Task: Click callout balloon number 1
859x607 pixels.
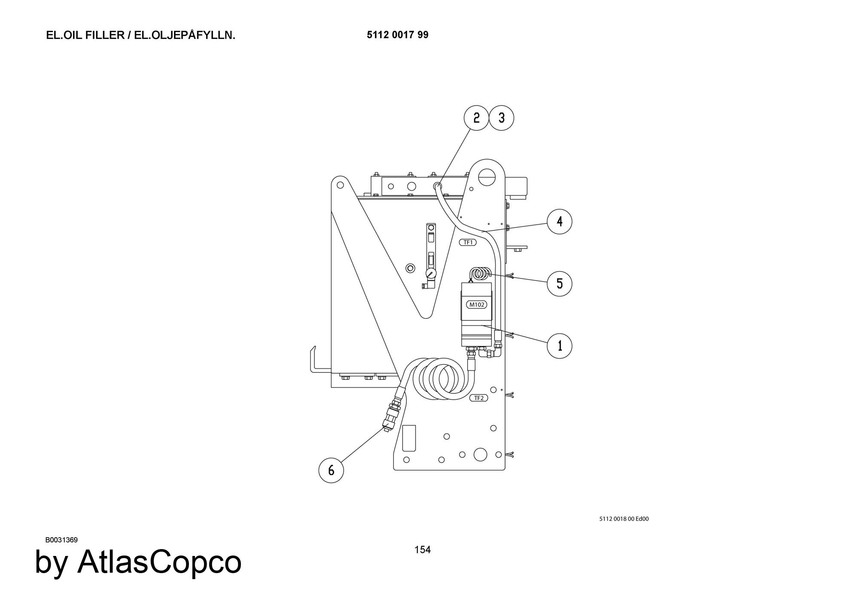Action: click(559, 346)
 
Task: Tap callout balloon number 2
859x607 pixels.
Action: click(476, 118)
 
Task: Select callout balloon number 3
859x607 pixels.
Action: click(502, 118)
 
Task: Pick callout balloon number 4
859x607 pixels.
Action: click(559, 222)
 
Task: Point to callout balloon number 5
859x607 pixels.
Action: click(559, 284)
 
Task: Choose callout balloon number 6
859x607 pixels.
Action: click(331, 470)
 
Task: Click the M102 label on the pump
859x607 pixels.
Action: click(476, 305)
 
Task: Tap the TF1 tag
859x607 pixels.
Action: click(468, 242)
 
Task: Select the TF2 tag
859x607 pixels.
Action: click(478, 398)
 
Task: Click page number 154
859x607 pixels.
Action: click(423, 550)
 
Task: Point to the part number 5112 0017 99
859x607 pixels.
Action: click(397, 35)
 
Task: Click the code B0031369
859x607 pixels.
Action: click(61, 540)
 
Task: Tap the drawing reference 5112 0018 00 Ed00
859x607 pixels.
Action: click(624, 519)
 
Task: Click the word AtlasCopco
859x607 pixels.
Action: click(159, 562)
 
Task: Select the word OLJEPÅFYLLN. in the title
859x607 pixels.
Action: click(185, 35)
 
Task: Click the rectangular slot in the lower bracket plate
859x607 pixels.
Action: click(409, 438)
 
